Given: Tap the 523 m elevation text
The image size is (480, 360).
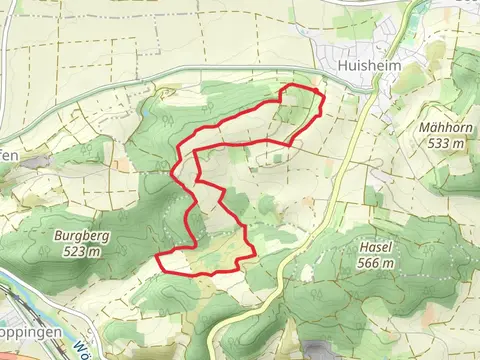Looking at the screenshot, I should tap(79, 252).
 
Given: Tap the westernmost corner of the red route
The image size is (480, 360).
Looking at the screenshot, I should tap(158, 258).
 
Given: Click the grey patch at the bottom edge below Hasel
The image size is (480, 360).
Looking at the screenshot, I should tap(320, 352).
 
